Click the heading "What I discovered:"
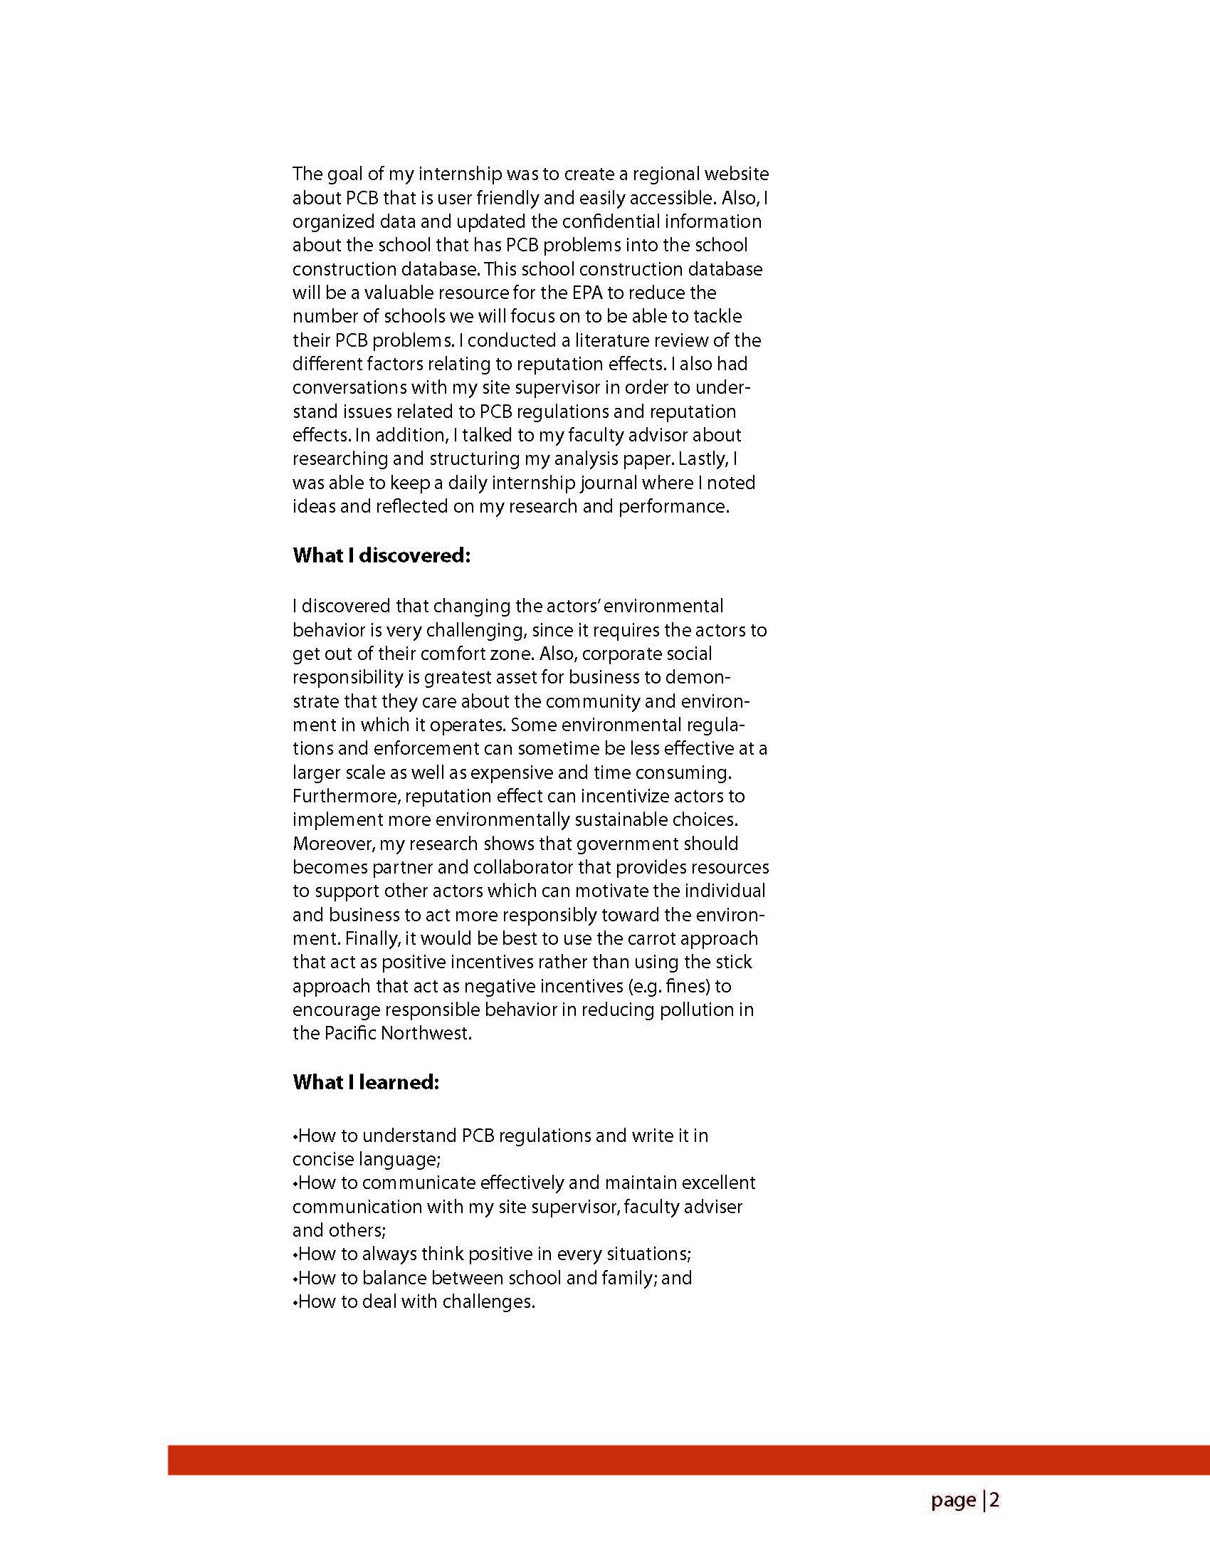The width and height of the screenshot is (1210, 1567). (381, 556)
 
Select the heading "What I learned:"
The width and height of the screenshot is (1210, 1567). (365, 1082)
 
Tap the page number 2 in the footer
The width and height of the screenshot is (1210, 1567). (995, 1500)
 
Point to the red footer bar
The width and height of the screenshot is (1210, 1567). (688, 1460)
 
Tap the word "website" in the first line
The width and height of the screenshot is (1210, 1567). (736, 174)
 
